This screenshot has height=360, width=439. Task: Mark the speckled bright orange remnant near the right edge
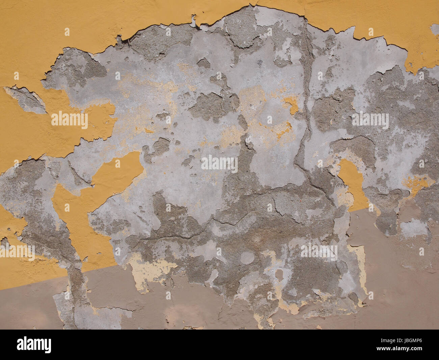(417, 183)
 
